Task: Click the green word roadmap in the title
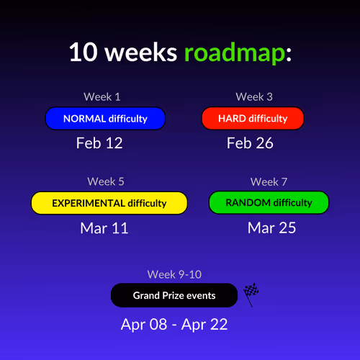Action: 235,53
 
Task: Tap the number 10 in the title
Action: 84,52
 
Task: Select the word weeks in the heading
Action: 141,52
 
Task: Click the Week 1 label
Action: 102,97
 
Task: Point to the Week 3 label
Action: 254,97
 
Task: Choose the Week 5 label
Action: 106,181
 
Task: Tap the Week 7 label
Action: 269,181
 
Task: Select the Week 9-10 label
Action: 174,274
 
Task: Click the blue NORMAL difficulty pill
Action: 105,119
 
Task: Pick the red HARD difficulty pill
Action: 253,119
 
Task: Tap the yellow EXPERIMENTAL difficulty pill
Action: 109,203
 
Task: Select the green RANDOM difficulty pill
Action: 269,202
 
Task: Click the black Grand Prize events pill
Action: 174,295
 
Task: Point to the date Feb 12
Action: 99,143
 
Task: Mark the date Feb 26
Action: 250,143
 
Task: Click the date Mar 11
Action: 104,228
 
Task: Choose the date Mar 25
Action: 271,228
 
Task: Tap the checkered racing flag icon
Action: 251,294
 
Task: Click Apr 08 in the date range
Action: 144,325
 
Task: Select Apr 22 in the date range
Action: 204,325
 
